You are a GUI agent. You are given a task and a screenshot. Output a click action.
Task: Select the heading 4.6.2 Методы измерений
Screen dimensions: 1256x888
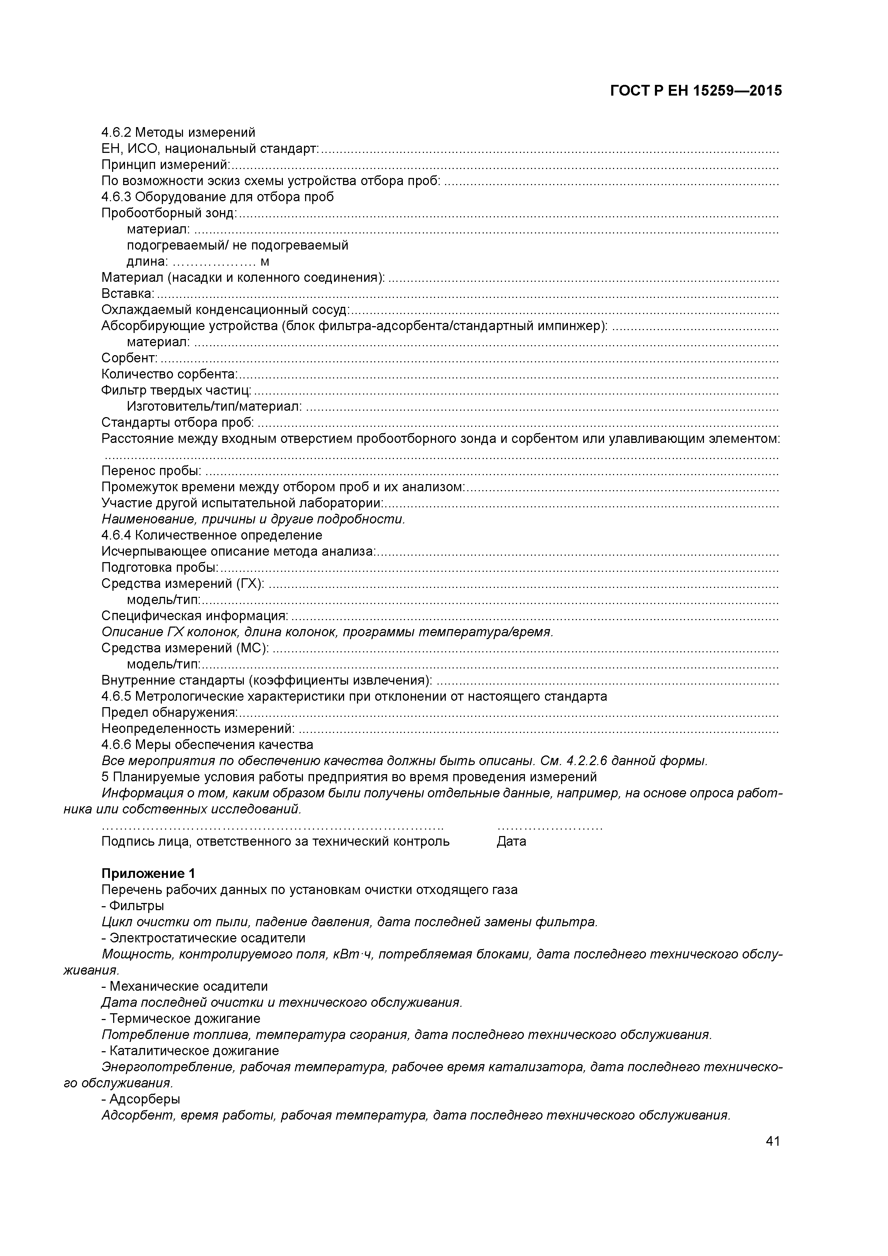[178, 132]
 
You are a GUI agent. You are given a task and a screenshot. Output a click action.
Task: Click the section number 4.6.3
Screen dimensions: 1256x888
[116, 197]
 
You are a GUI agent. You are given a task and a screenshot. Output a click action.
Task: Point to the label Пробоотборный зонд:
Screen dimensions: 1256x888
[169, 213]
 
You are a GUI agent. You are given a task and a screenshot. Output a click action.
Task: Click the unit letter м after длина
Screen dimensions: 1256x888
[265, 262]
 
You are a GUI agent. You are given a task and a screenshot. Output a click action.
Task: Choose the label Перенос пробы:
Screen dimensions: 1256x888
[151, 471]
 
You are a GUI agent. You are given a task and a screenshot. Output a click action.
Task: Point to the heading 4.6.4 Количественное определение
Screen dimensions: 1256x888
[212, 536]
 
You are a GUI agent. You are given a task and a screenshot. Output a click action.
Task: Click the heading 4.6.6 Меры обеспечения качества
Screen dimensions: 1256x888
[207, 745]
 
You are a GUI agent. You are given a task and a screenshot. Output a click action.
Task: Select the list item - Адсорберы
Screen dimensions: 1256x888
[141, 1100]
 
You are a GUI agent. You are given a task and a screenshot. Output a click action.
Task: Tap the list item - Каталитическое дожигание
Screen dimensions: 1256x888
[190, 1052]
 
